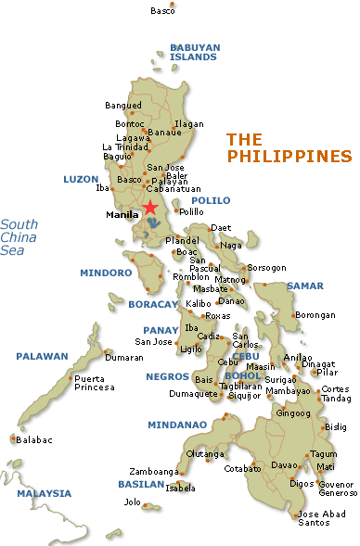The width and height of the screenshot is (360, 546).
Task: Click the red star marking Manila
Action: (x=150, y=207)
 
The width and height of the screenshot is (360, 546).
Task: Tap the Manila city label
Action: (x=122, y=215)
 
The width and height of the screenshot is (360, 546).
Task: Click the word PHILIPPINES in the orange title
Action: (x=289, y=157)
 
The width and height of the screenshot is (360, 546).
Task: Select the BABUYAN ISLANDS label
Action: (x=192, y=51)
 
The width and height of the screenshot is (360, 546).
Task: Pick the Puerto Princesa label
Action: (x=95, y=383)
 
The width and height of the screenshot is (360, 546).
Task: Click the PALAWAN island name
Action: (x=42, y=356)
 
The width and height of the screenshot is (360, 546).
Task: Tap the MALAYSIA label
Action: (x=44, y=493)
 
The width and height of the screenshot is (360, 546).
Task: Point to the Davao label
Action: (x=283, y=464)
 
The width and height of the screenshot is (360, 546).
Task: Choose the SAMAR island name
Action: (x=304, y=286)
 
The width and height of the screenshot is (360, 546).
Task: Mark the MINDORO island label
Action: (x=106, y=273)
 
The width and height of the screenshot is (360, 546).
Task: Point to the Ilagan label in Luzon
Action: (x=188, y=123)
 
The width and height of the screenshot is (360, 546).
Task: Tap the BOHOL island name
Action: (x=242, y=375)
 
